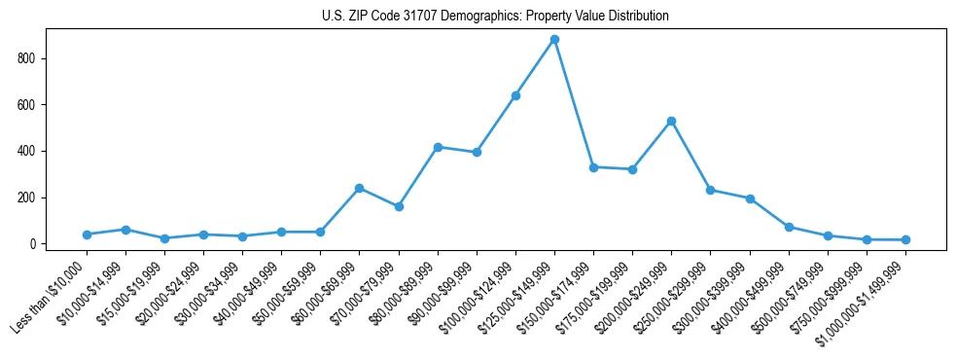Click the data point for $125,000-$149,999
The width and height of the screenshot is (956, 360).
tap(554, 39)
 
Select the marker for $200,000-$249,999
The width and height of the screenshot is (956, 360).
tap(671, 121)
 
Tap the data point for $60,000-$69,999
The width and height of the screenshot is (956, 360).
tap(360, 188)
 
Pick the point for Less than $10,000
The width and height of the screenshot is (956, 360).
tap(87, 234)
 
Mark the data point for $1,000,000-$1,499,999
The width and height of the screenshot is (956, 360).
tap(905, 239)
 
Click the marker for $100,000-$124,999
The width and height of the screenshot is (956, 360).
tap(515, 95)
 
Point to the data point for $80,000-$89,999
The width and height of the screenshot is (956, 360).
tap(438, 147)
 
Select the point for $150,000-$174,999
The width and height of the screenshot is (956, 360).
tap(593, 167)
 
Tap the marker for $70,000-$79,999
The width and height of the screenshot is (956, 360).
tap(399, 206)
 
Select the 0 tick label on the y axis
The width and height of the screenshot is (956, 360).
tap(32, 244)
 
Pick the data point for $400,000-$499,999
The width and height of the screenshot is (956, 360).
tap(789, 227)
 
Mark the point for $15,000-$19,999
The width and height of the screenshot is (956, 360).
tap(164, 238)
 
